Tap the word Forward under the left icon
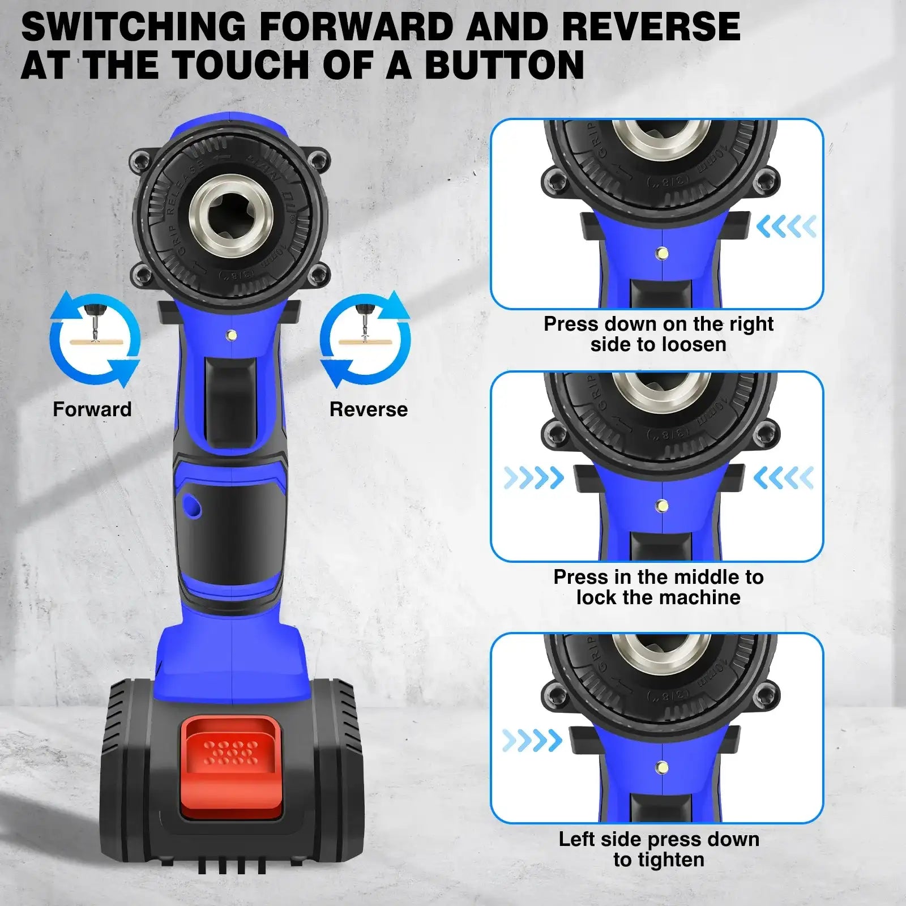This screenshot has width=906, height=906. coord(92,409)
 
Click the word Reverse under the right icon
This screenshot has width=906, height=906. coord(369,409)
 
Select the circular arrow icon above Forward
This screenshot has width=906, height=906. coord(95,339)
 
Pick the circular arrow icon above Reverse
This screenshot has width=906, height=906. coord(365,339)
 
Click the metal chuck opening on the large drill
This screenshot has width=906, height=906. coord(232,216)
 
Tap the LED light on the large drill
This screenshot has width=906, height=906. coord(231,335)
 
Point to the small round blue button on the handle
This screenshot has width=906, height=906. coord(191,506)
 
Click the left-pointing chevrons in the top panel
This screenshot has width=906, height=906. coord(786,226)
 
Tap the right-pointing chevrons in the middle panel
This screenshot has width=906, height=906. coord(533,478)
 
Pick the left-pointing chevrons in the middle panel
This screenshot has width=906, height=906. coord(784,478)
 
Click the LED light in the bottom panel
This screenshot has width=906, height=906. coord(661,768)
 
